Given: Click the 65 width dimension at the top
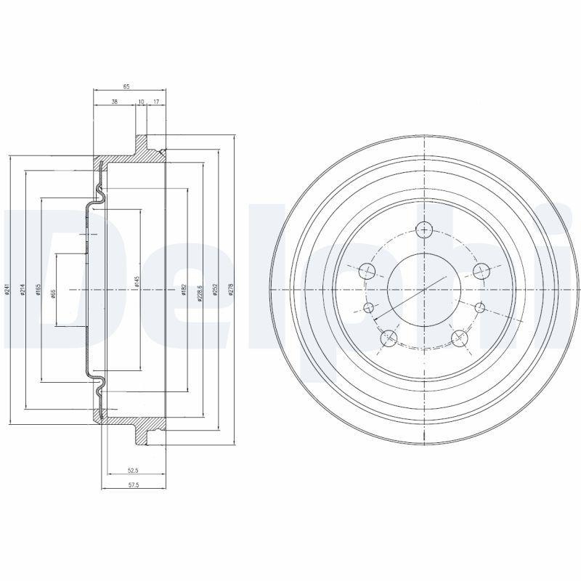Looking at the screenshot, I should tap(126, 86).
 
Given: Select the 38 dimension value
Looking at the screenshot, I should tap(115, 102).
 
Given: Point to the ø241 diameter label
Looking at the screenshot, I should tap(7, 290).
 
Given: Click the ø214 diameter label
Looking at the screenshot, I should tap(23, 290).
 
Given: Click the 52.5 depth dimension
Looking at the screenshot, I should tap(131, 470).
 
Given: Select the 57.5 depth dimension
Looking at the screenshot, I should tap(131, 485).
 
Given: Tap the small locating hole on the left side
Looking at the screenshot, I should tap(369, 308).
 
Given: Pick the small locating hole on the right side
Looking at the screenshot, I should tap(479, 308).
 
